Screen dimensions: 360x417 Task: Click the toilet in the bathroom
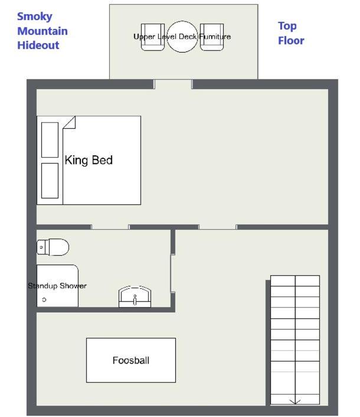53,247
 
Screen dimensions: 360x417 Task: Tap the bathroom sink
135,297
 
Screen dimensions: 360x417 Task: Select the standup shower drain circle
44,299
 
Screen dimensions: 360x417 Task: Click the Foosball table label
131,360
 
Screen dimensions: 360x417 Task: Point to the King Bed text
89,161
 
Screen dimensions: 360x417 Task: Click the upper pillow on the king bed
50,140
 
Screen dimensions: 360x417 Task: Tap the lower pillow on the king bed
50,181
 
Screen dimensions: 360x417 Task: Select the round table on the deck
182,37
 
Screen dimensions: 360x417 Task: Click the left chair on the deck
153,37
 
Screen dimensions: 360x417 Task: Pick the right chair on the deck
212,37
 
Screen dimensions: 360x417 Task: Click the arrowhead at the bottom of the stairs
295,401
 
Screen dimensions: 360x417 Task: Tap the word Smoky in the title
35,17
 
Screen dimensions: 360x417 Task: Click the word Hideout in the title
38,45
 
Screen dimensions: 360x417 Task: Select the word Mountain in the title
42,31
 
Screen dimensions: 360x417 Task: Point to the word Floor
291,41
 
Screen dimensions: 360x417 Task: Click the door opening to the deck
173,84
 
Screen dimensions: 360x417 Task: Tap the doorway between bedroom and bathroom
110,227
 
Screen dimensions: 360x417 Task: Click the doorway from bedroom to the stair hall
218,227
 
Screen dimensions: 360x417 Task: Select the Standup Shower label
57,286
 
